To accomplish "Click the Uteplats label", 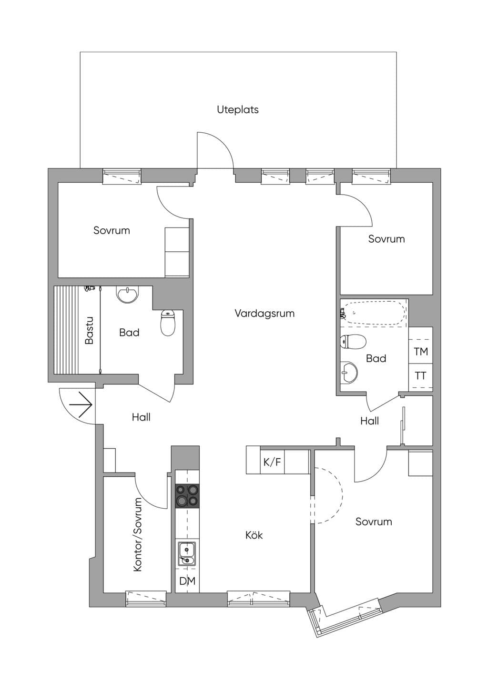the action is pos(237,110).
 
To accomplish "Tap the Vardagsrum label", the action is pos(264,314).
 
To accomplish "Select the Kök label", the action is pos(254,535).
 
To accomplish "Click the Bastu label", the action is pos(89,330).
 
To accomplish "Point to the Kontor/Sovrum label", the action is pos(138,535).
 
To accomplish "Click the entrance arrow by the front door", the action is pos(81,404).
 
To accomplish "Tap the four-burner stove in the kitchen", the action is pos(187,496).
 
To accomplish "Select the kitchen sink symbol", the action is pos(187,554).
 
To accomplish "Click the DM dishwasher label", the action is pos(187,581).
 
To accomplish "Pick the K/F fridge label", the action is pos(272,462).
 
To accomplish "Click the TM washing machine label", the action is pos(421,351).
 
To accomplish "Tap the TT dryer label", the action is pos(420,375).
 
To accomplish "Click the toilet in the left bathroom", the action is pos(168,323).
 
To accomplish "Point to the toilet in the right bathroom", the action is pos(353,342).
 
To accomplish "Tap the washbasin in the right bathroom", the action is pos(349,373).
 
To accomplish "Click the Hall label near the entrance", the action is pos(141,417).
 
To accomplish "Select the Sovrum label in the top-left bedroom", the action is pos(112,230).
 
